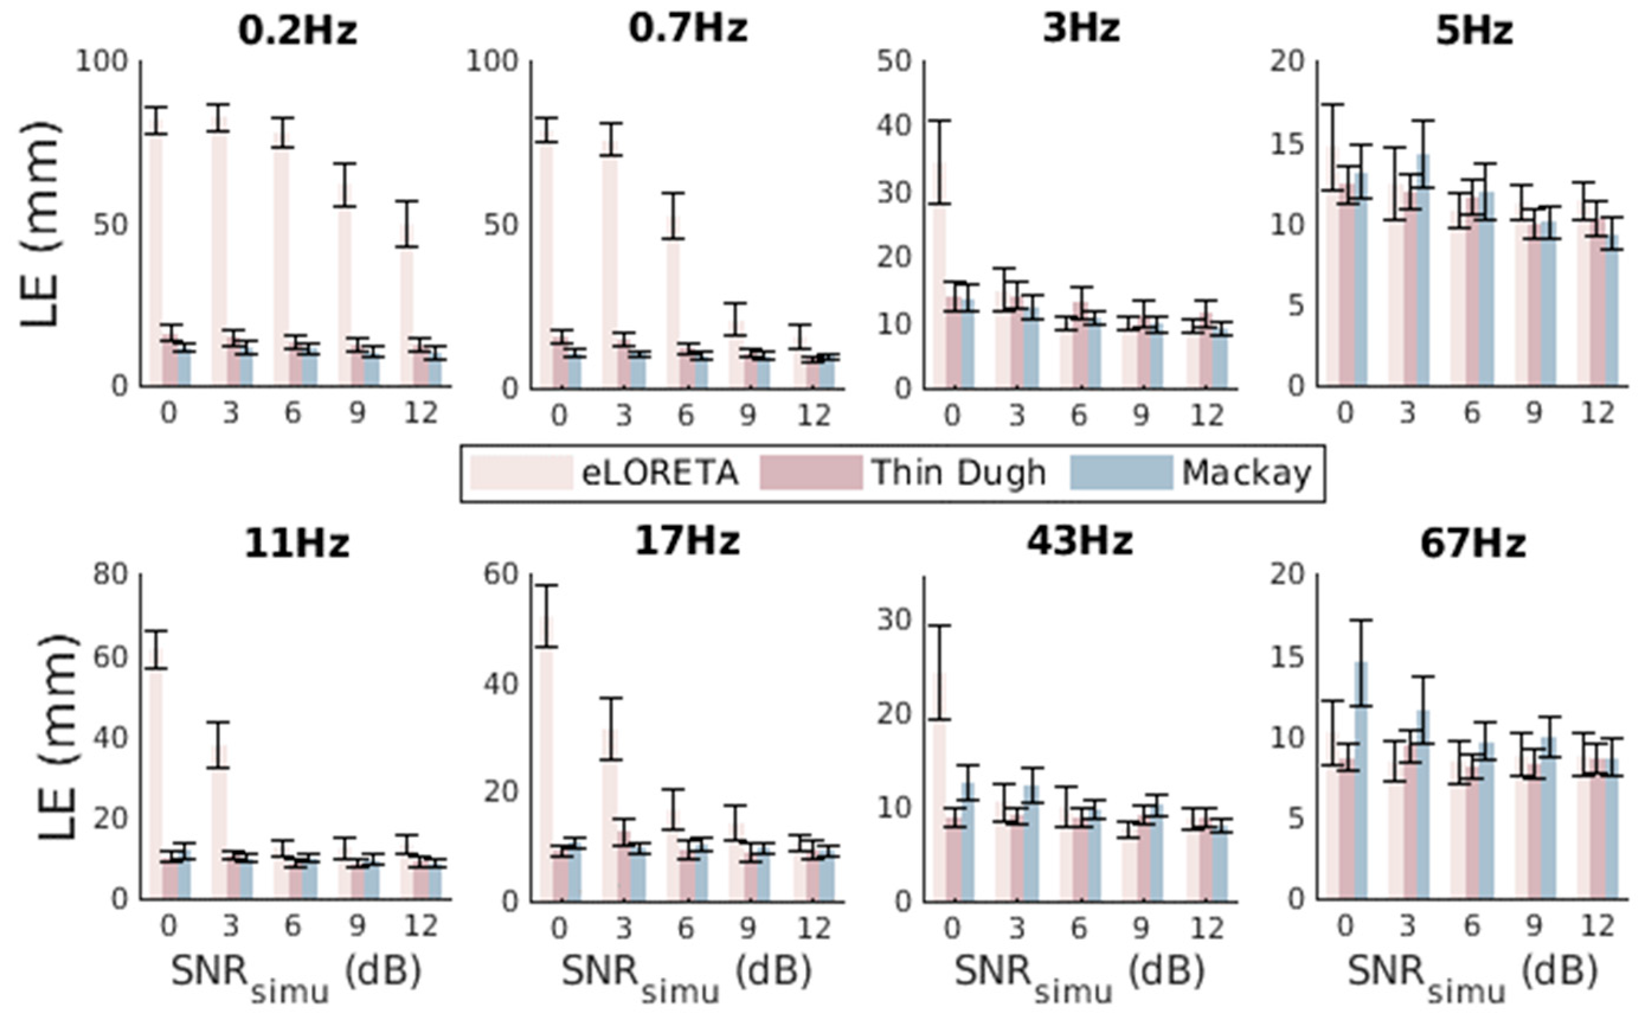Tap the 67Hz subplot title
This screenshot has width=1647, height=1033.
[1473, 544]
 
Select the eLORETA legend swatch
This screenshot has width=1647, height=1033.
[522, 472]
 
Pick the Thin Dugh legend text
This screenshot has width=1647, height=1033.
[958, 472]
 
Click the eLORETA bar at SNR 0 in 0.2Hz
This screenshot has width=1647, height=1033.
[156, 260]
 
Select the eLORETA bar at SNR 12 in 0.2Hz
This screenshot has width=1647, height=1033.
[407, 314]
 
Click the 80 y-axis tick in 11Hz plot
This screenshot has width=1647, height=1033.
[110, 574]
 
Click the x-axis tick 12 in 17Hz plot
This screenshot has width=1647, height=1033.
[813, 928]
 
